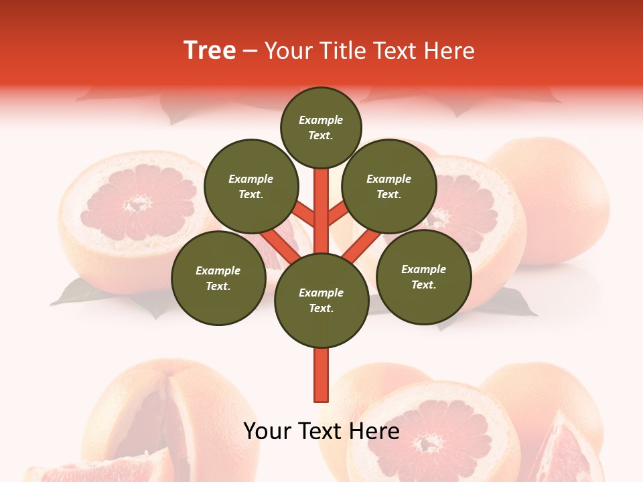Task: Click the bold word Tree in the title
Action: pos(210,51)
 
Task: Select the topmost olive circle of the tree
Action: pos(321,127)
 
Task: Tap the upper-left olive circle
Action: pos(251,186)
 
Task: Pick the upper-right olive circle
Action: pos(388,186)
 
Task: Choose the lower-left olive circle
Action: pos(218,278)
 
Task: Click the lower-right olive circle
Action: pos(423,276)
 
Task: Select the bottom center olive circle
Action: pos(321,300)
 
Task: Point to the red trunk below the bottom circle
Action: pos(321,375)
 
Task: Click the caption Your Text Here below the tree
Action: pos(321,431)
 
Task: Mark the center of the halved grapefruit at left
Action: pos(137,204)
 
